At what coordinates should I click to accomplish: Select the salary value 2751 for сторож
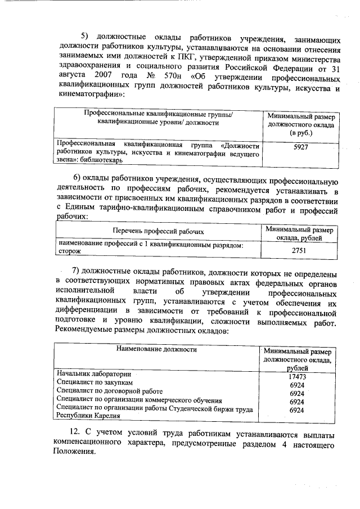click(x=299, y=250)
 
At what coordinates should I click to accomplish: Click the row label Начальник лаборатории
click(x=94, y=374)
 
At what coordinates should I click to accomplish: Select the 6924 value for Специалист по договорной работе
click(x=296, y=393)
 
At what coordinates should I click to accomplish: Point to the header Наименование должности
click(x=156, y=349)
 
